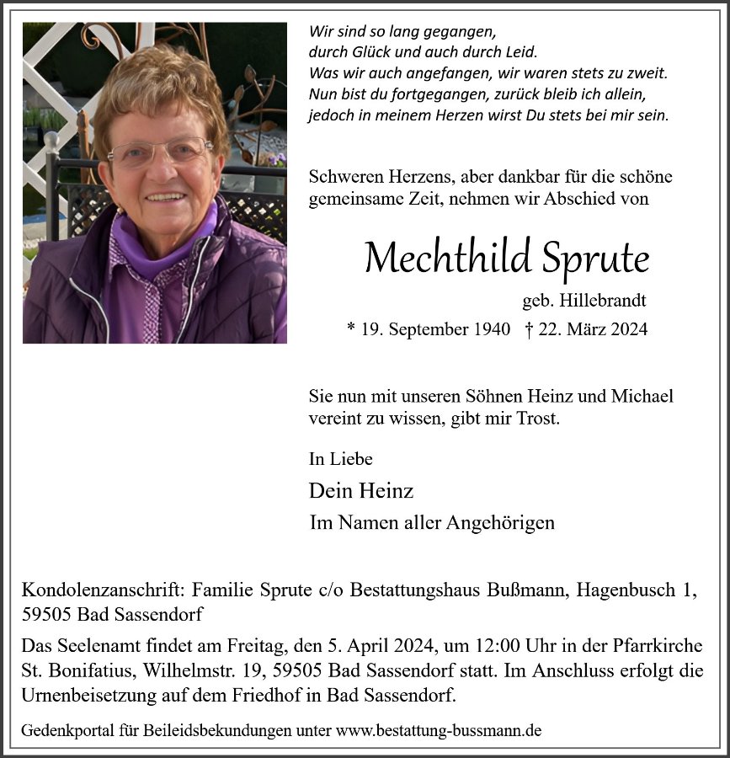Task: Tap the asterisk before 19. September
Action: pyautogui.click(x=351, y=329)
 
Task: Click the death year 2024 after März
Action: pyautogui.click(x=626, y=329)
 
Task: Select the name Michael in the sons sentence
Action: pyautogui.click(x=643, y=396)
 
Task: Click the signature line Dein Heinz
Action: pyautogui.click(x=361, y=490)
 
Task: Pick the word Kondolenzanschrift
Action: pyautogui.click(x=104, y=591)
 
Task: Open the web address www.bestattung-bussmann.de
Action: pyautogui.click(x=438, y=730)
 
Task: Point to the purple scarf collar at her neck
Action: pyautogui.click(x=160, y=244)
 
